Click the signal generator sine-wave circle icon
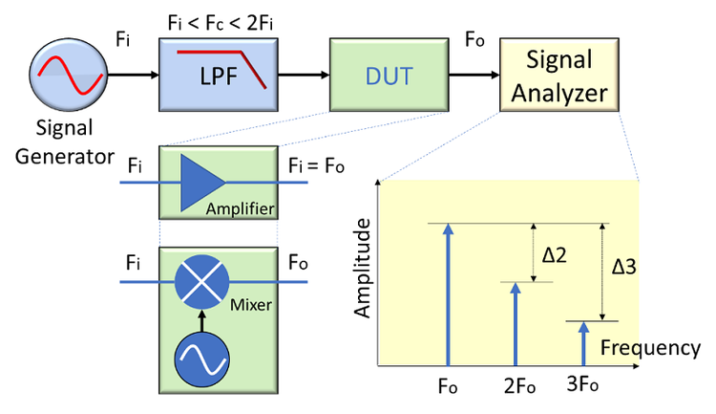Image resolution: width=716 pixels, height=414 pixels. tap(65, 76)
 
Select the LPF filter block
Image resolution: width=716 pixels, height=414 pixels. tap(219, 75)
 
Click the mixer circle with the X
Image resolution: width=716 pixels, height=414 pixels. tap(202, 284)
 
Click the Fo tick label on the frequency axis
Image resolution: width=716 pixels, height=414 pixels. tap(448, 390)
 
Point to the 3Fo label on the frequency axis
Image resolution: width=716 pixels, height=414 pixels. tap(583, 390)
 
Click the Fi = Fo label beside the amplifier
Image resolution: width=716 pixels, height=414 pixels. tap(316, 163)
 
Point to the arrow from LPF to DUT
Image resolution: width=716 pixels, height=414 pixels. tap(302, 76)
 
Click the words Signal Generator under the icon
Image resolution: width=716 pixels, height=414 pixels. tap(65, 141)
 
